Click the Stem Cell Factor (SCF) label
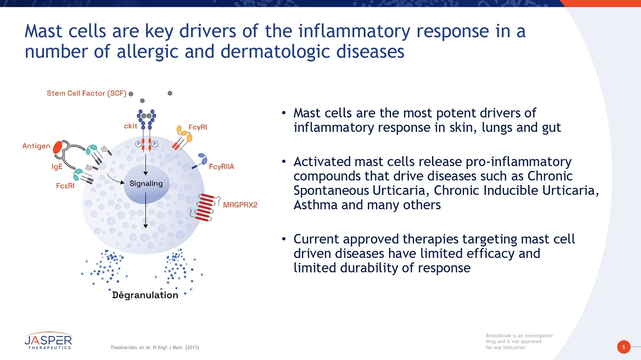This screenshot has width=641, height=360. pyautogui.click(x=86, y=93)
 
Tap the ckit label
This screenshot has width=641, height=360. pyautogui.click(x=130, y=126)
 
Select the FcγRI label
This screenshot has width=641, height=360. pyautogui.click(x=198, y=127)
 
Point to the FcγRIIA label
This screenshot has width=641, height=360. pyautogui.click(x=221, y=167)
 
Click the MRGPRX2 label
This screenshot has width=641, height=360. pyautogui.click(x=240, y=205)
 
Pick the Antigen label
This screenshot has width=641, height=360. pyautogui.click(x=36, y=146)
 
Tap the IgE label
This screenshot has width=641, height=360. pyautogui.click(x=57, y=167)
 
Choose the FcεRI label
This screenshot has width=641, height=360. pyautogui.click(x=65, y=186)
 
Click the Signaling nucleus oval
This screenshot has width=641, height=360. pyautogui.click(x=146, y=184)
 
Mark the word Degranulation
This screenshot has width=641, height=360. pyautogui.click(x=145, y=295)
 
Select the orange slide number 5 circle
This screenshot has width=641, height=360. pyautogui.click(x=623, y=347)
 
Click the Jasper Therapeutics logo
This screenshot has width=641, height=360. pyautogui.click(x=48, y=341)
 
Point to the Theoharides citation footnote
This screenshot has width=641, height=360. pyautogui.click(x=155, y=348)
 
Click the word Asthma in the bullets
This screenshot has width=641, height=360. pyautogui.click(x=315, y=205)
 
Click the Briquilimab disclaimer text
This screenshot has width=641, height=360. pyautogui.click(x=519, y=341)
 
